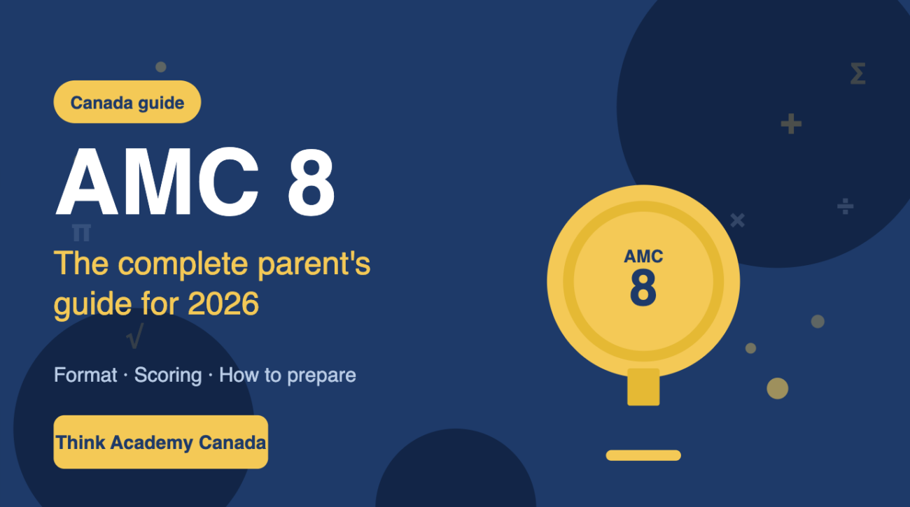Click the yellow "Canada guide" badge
pos(127,103)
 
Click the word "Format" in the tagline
pos(85,375)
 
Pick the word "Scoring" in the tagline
pos(168,375)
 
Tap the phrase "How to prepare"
pos(288,375)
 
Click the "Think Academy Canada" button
pos(161,442)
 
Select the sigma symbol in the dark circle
pos(857,73)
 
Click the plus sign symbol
pos(791,124)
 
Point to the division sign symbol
pos(846,206)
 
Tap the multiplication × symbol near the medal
pos(737,220)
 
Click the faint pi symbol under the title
pos(81,232)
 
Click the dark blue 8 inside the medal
pos(643,287)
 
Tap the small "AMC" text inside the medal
pos(643,257)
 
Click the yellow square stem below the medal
pos(643,387)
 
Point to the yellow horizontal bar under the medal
pos(643,455)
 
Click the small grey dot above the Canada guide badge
pos(160,67)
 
